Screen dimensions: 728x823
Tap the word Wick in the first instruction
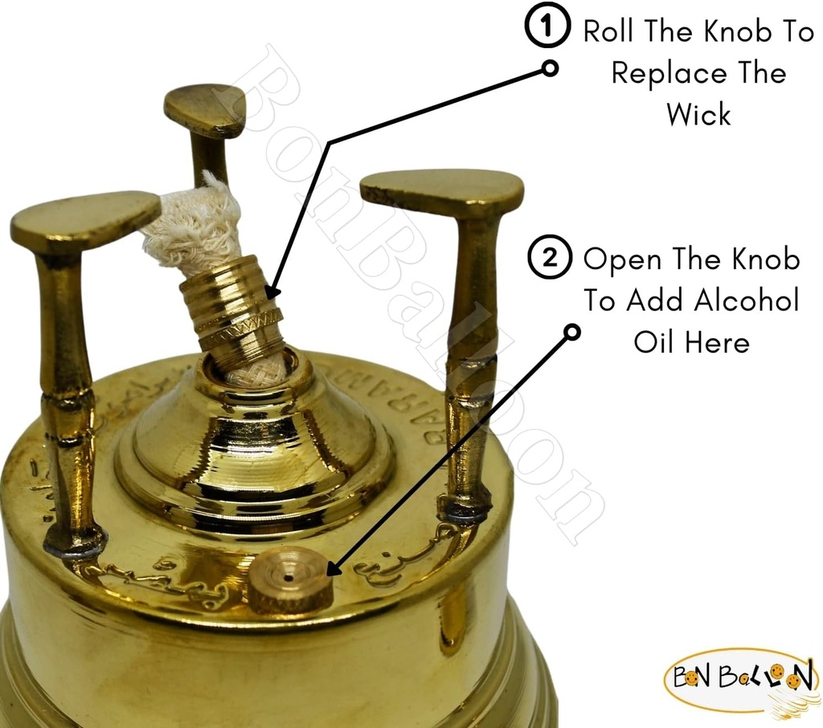click(698, 114)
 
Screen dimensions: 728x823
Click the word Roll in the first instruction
click(610, 31)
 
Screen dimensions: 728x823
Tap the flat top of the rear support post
click(206, 108)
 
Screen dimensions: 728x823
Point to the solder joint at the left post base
click(75, 543)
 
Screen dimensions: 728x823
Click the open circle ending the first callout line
click(551, 68)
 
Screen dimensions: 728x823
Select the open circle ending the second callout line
click(572, 331)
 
